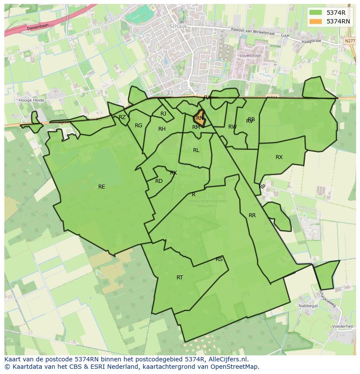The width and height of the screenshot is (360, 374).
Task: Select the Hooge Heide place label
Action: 32,100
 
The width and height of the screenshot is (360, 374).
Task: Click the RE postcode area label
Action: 102,187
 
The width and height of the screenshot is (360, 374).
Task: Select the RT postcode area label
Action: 180,278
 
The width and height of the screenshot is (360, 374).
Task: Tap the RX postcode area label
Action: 279,157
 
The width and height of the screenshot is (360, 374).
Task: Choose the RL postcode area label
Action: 196,150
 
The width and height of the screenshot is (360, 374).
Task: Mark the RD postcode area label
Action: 159,181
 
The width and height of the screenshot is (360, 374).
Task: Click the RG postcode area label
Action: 138,126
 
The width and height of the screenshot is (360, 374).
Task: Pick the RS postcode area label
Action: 219,259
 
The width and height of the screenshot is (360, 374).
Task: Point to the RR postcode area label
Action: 252,215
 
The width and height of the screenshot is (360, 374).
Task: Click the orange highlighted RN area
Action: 200,118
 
